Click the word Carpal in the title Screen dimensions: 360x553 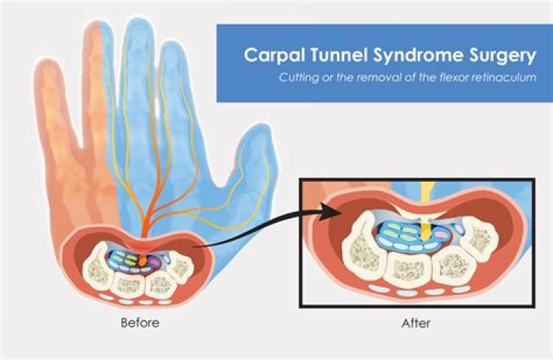(x=270, y=56)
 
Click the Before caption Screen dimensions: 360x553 (x=140, y=323)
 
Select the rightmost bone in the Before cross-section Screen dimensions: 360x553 (x=180, y=266)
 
